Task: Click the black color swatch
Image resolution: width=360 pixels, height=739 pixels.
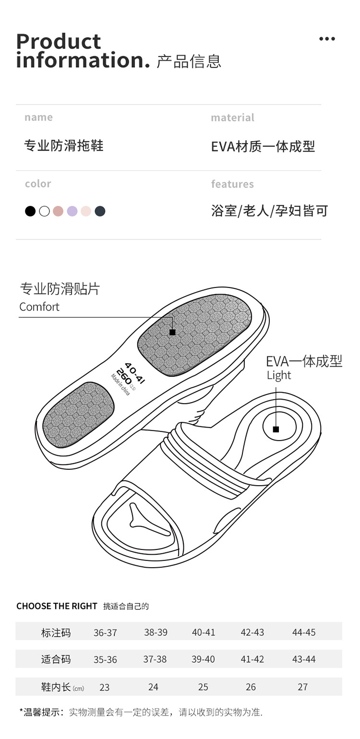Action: (30, 211)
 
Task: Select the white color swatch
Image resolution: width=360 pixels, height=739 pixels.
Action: (44, 211)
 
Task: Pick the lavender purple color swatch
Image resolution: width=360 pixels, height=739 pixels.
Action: (72, 211)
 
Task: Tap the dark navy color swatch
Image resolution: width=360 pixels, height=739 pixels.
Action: (100, 211)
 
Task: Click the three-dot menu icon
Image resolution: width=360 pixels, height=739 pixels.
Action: (327, 39)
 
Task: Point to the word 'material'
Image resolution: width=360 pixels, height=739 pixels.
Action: (232, 118)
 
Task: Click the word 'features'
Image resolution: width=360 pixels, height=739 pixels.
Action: (232, 184)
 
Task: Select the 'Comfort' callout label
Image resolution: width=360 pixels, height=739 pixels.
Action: (39, 307)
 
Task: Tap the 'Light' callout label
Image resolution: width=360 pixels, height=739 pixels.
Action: (279, 375)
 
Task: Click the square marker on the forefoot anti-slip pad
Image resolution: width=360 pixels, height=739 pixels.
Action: (172, 332)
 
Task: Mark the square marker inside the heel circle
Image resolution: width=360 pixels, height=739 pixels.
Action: (276, 429)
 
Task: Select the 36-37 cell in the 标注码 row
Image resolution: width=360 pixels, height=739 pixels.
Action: (105, 632)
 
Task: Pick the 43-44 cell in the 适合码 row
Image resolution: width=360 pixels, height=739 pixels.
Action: (304, 659)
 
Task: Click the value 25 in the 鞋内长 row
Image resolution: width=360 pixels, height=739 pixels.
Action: (203, 687)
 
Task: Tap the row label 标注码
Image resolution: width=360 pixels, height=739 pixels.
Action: (56, 632)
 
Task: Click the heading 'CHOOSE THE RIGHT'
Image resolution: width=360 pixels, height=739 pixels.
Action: (57, 606)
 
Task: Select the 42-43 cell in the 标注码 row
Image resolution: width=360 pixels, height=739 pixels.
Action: (252, 632)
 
